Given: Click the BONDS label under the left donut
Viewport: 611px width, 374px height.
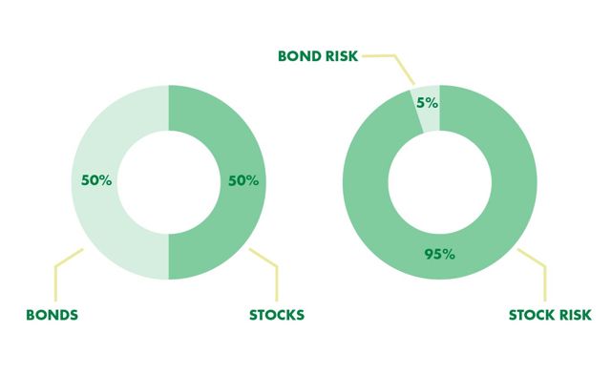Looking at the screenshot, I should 52,314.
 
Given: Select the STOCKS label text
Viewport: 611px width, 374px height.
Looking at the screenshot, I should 278,314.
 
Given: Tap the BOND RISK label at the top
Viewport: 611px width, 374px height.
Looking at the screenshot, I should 318,55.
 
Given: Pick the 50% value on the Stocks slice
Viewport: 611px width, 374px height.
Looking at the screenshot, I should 242,178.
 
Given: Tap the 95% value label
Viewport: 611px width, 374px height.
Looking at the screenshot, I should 439,253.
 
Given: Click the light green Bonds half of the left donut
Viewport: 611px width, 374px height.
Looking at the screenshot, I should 95,219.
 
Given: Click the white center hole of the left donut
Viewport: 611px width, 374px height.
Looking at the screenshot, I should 168,181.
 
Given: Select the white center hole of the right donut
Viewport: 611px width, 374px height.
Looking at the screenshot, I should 439,181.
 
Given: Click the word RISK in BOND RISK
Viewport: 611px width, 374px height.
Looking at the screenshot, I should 341,55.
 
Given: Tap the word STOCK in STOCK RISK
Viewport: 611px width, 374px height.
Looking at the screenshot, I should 532,314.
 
